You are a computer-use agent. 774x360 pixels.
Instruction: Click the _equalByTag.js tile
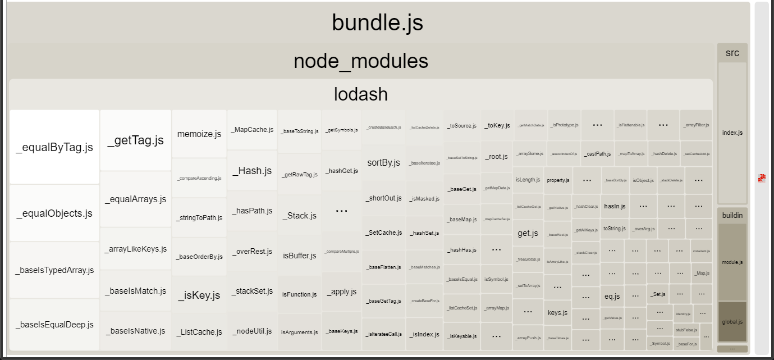54,147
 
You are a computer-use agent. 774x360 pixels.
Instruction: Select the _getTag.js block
135,140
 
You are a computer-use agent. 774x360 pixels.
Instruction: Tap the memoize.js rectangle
199,134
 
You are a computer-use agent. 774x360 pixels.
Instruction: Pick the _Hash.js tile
252,171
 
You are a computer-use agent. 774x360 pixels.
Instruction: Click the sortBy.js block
383,163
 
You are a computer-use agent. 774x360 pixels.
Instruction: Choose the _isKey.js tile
199,295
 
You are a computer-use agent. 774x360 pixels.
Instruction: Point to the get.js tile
528,233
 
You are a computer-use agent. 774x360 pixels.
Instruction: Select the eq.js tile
612,296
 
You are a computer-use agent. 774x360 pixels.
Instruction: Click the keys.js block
557,312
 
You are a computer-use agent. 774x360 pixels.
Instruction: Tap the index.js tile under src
732,133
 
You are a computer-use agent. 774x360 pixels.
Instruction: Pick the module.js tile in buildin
732,262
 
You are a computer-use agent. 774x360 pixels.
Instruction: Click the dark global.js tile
732,322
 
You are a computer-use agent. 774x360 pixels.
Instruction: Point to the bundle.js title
377,22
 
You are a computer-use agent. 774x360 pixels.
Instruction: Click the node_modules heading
360,61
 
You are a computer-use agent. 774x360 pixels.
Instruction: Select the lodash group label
360,94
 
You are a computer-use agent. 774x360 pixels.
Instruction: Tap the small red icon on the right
762,179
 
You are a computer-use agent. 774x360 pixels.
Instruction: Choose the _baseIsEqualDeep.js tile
54,325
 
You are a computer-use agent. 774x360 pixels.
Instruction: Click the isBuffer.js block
300,256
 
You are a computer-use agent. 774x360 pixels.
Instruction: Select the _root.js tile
497,157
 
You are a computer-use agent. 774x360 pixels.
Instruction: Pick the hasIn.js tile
615,206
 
